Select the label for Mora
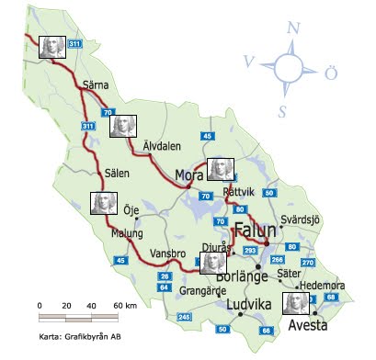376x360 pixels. [x=188, y=175]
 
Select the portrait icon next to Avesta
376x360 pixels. [x=297, y=303]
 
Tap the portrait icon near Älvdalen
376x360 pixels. [x=123, y=126]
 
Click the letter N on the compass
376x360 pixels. [x=292, y=27]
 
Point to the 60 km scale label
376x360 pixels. [x=124, y=305]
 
